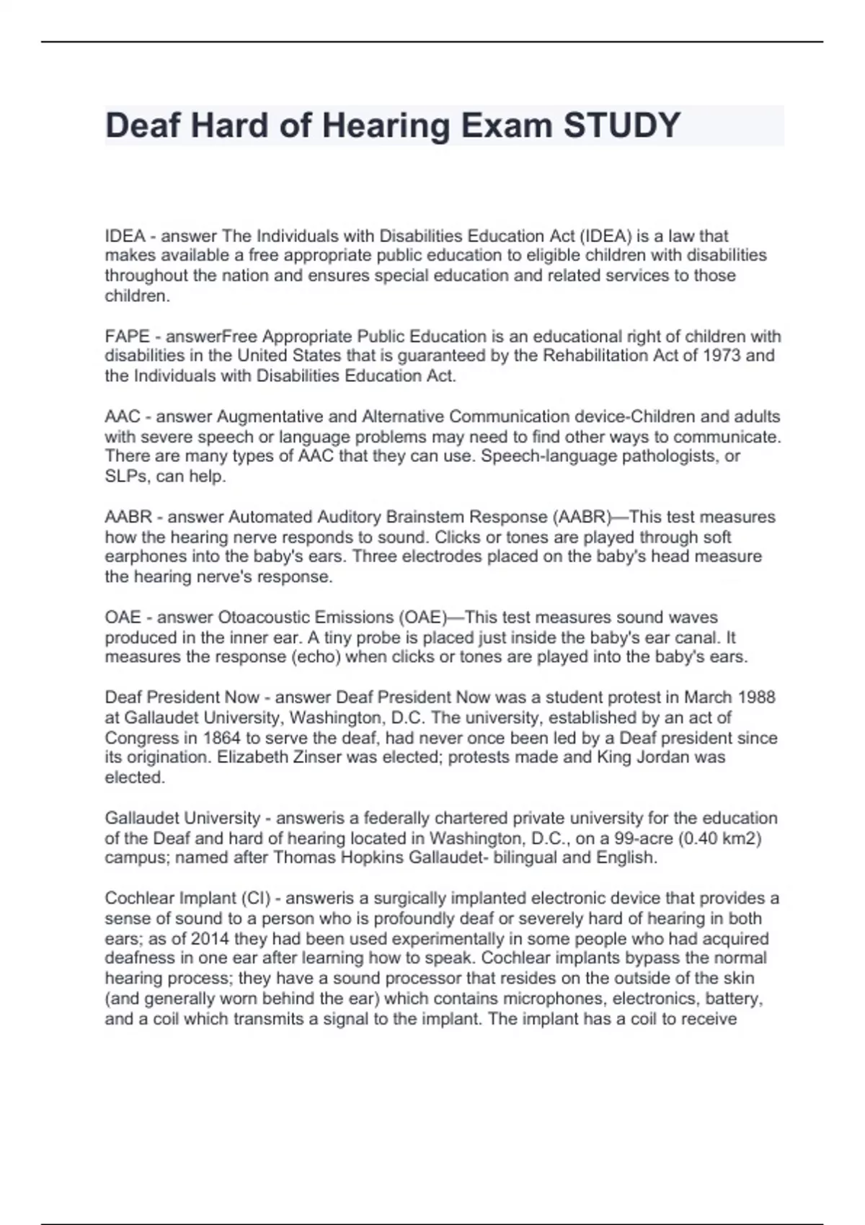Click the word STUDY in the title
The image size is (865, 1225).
click(621, 125)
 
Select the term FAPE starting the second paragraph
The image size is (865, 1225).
click(127, 337)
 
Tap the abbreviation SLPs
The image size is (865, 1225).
click(124, 476)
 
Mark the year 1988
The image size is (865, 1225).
click(755, 698)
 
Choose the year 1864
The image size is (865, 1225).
click(221, 738)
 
